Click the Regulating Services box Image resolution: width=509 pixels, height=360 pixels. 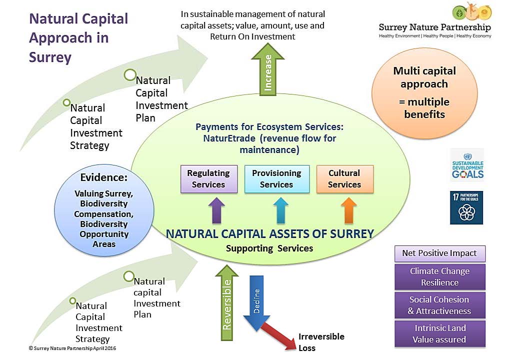click(x=208, y=179)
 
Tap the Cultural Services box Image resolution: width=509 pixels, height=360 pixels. click(x=344, y=179)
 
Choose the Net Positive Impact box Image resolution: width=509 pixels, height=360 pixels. click(x=439, y=253)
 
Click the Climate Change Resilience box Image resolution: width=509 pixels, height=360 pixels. click(x=439, y=277)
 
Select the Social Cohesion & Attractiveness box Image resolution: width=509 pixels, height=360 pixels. click(x=439, y=305)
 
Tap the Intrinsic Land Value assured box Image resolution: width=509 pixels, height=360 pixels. click(x=439, y=333)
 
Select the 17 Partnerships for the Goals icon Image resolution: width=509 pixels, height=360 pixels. click(x=466, y=207)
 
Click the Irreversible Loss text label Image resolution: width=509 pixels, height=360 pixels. click(x=321, y=342)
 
